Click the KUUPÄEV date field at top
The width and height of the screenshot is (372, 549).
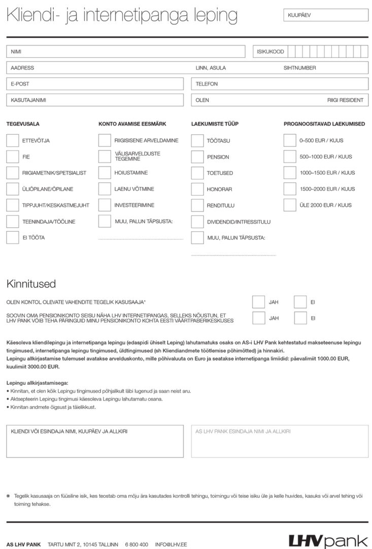326,15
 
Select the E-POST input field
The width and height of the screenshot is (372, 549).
95,84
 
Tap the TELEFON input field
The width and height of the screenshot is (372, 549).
280,84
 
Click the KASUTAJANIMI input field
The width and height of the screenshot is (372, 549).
95,100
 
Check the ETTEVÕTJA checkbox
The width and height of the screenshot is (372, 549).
13,140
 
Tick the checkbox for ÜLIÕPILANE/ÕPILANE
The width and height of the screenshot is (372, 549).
13,189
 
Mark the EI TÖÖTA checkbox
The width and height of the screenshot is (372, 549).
13,237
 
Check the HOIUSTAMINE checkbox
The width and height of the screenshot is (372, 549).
105,173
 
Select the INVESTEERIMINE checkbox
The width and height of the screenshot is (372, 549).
105,205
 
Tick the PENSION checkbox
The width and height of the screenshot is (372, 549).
197,157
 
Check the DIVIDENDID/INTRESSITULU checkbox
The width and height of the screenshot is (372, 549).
197,222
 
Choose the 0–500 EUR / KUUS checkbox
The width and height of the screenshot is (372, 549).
290,140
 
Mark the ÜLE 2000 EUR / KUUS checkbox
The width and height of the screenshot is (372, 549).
290,205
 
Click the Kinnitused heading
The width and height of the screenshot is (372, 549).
31,284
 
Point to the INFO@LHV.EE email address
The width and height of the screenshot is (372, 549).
171,544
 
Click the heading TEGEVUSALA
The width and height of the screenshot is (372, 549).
23,124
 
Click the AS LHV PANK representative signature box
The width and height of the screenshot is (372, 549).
280,441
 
